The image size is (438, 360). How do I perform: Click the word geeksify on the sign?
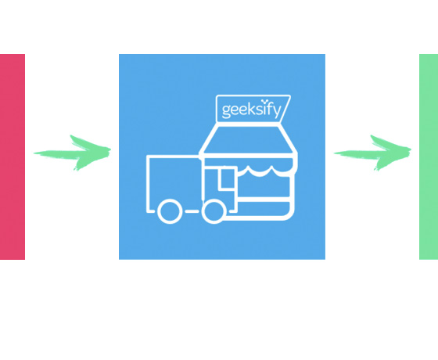point(251,110)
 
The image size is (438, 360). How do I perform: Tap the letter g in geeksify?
point(226,111)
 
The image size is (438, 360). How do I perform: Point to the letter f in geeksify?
point(268,108)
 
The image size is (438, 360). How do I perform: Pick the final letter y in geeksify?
point(276,112)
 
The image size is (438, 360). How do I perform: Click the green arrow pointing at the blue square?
point(72,153)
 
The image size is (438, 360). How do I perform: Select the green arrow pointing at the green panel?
point(372,153)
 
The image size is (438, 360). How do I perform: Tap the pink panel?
point(13,157)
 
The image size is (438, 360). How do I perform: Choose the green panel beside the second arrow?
point(429,157)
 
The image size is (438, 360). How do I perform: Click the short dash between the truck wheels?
point(192,211)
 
